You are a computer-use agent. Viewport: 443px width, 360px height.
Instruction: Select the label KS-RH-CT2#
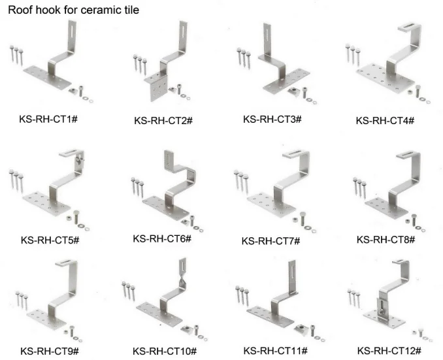[x=163, y=121]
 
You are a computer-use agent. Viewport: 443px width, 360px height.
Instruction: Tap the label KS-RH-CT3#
[x=272, y=119]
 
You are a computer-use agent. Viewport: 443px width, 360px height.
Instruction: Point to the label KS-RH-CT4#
[x=385, y=121]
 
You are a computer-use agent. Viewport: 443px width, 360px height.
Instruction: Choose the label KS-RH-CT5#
[x=50, y=240]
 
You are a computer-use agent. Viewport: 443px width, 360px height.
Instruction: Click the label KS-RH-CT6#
[x=161, y=238]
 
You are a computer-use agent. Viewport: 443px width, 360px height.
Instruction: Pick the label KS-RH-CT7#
[x=271, y=241]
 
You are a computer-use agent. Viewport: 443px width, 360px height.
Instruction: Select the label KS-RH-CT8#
[x=386, y=240]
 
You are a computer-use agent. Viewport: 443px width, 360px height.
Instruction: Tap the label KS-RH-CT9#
[x=50, y=352]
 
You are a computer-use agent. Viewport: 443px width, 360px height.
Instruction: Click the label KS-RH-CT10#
[x=164, y=352]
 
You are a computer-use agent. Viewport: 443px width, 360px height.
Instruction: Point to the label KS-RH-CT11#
[x=274, y=351]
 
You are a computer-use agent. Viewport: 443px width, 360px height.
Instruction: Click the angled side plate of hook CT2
[x=159, y=88]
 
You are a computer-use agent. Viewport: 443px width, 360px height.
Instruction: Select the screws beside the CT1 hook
[x=18, y=54]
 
